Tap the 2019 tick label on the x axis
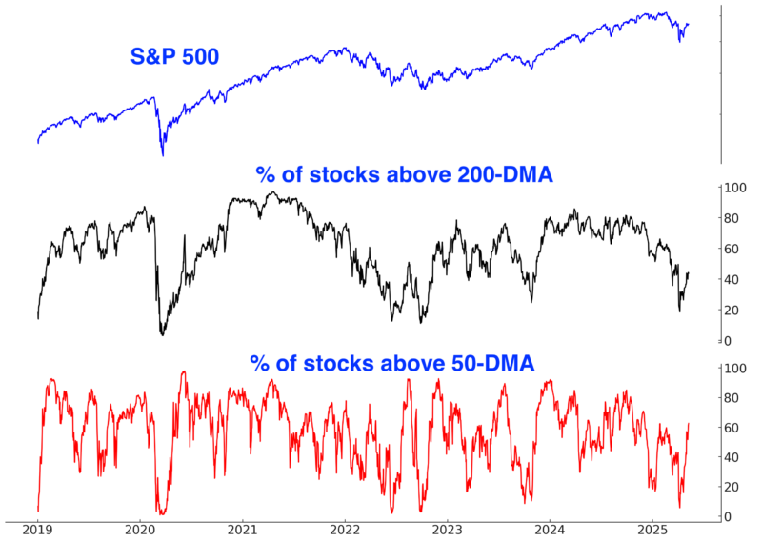tap(37, 531)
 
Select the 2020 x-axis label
tap(140, 531)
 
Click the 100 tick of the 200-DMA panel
tap(733, 188)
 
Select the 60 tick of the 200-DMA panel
tap(732, 249)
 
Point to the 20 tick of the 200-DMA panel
tap(732, 310)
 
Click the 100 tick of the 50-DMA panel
tap(733, 368)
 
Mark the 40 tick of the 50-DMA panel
tap(732, 457)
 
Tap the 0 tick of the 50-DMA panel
tap(728, 516)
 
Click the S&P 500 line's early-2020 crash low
tap(162, 155)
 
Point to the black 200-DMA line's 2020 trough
tap(162, 334)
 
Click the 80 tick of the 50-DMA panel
tap(732, 397)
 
